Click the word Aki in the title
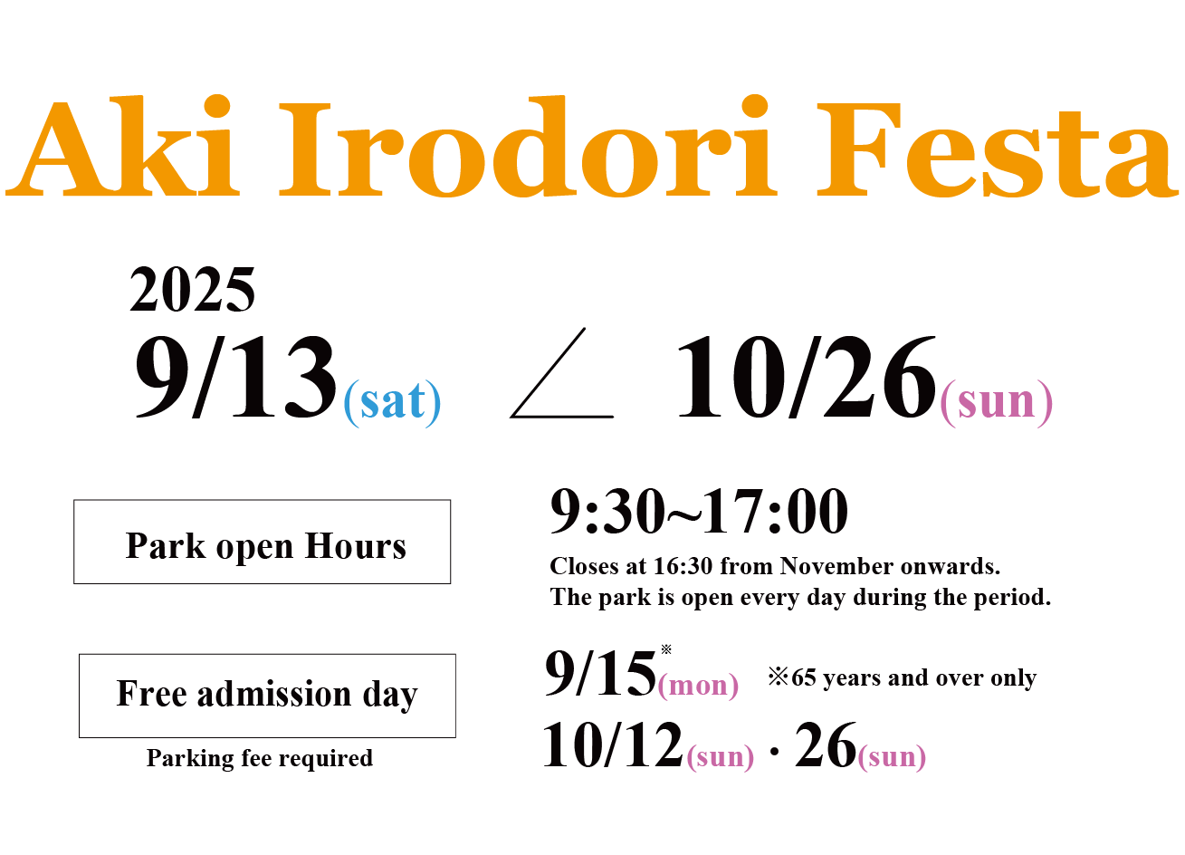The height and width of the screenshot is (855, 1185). (x=123, y=146)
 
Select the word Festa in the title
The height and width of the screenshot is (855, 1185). (x=998, y=149)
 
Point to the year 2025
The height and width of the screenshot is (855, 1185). (x=193, y=289)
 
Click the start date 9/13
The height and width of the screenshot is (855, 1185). (x=236, y=377)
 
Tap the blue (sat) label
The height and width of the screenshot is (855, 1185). (x=392, y=403)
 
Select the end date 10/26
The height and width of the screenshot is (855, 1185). (x=807, y=377)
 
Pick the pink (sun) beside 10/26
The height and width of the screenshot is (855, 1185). (x=997, y=403)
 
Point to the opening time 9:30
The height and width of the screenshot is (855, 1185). (x=607, y=512)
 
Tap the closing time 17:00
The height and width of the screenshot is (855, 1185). (x=776, y=512)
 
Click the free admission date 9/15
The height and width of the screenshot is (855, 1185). (x=600, y=673)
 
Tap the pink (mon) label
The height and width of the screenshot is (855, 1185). (x=698, y=686)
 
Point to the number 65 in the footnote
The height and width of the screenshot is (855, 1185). (x=804, y=677)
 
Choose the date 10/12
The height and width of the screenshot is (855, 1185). (x=613, y=745)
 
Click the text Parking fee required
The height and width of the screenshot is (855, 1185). (x=260, y=758)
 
